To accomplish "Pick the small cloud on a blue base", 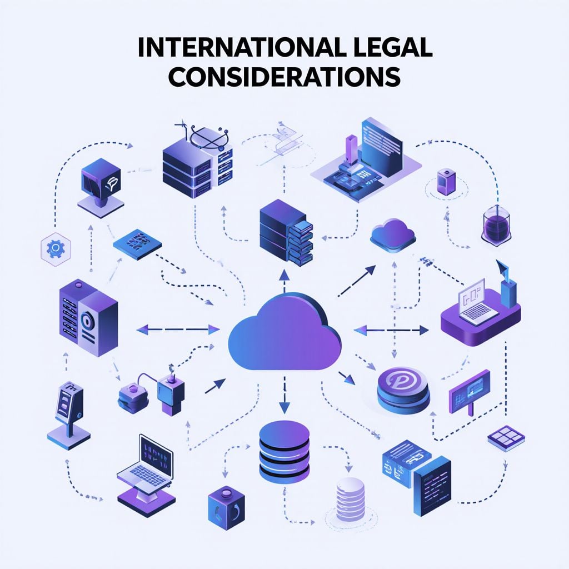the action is pos(393,235).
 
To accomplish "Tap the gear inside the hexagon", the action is pos(56,248).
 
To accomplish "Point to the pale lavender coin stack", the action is pos(350,499).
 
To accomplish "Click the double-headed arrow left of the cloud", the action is pos(178,330).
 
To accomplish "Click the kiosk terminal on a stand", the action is pos(68,415).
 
